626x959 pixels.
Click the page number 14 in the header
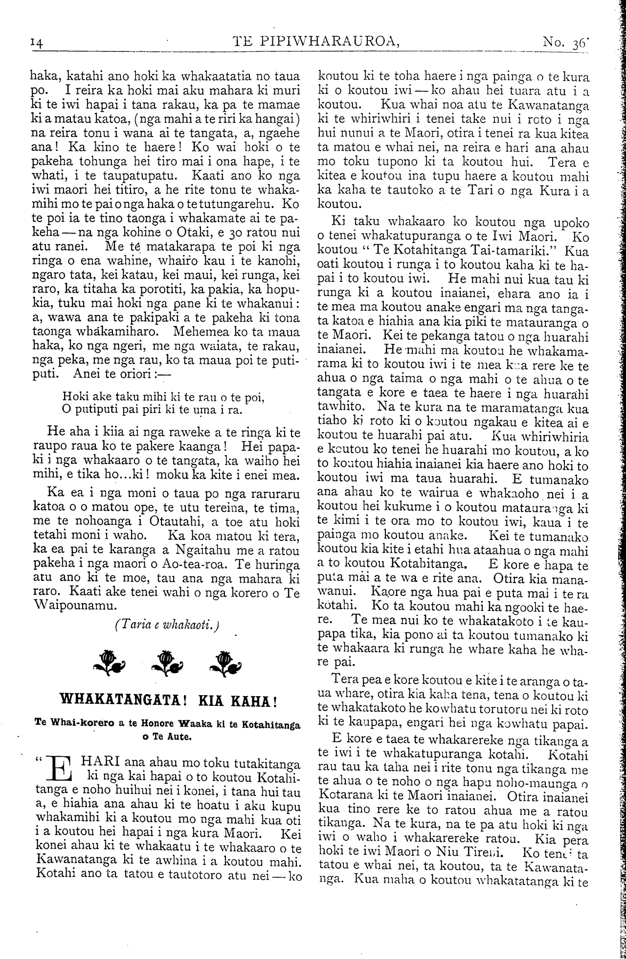[37, 43]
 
